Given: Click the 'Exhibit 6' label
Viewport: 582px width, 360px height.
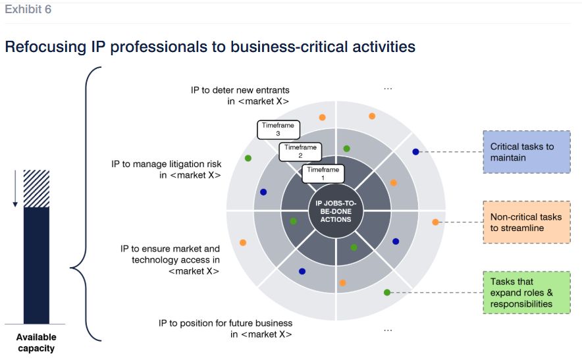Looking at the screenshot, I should (28, 10).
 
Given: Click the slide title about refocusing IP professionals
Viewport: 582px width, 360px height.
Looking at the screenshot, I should (210, 47).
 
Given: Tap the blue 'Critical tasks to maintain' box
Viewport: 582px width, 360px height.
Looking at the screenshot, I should (526, 152).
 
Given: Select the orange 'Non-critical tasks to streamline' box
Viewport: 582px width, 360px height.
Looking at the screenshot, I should (526, 222).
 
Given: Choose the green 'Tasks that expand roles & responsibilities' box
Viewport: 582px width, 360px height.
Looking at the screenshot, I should (526, 292).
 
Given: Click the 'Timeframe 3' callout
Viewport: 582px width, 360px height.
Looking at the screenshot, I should (278, 129).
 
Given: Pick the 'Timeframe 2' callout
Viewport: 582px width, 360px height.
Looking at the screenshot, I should (300, 151).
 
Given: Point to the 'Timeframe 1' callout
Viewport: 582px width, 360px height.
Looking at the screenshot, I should (323, 174).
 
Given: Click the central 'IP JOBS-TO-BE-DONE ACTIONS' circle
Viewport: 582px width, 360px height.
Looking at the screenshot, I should (336, 211).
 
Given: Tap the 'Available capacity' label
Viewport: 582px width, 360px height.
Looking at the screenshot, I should (36, 342).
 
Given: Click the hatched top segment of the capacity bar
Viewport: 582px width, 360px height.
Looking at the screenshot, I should (36, 189).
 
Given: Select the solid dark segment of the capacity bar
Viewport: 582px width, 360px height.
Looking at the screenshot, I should (36, 265).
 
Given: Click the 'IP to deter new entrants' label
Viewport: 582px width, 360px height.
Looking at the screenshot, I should (240, 95).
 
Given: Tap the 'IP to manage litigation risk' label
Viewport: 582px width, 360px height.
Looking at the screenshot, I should (166, 169).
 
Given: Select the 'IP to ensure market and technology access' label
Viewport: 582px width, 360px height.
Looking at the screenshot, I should (170, 259).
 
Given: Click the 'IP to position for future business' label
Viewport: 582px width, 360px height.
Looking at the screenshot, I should (225, 328).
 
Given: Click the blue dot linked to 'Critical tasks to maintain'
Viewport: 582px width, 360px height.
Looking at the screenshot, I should (415, 152).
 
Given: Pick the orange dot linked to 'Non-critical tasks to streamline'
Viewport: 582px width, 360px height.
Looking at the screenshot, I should (435, 222).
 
